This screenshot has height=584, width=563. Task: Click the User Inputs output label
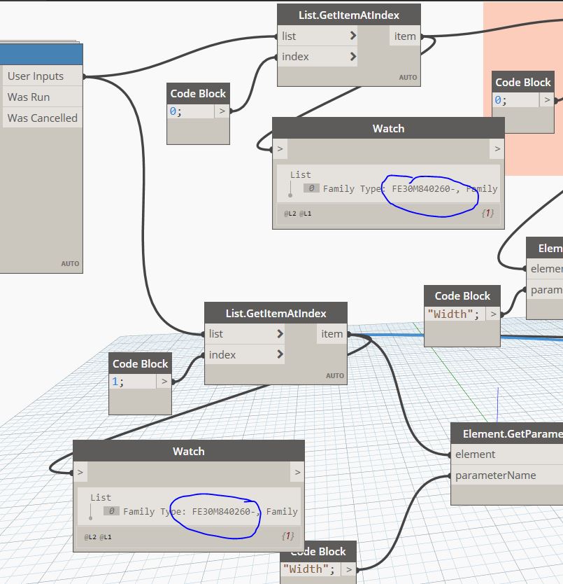pos(36,76)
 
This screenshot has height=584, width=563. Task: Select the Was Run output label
pos(29,97)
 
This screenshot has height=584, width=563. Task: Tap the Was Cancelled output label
pos(42,118)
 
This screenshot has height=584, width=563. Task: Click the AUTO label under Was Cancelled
pos(70,264)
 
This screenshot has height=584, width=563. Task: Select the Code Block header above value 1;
pos(140,363)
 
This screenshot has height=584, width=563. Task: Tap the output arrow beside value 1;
pos(164,382)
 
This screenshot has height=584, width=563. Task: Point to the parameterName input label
pos(495,475)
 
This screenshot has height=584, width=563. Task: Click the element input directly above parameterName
pos(475,454)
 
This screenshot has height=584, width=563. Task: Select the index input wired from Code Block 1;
pos(222,355)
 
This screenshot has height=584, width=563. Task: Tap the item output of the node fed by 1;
pos(332,334)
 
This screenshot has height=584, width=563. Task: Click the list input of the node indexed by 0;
pos(288,36)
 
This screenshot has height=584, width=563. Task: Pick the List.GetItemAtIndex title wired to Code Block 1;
pos(276,313)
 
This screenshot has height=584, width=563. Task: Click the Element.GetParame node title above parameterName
pos(511,433)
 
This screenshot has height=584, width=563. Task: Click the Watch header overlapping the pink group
pos(388,128)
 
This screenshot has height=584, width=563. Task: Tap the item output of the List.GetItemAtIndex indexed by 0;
pos(404,36)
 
